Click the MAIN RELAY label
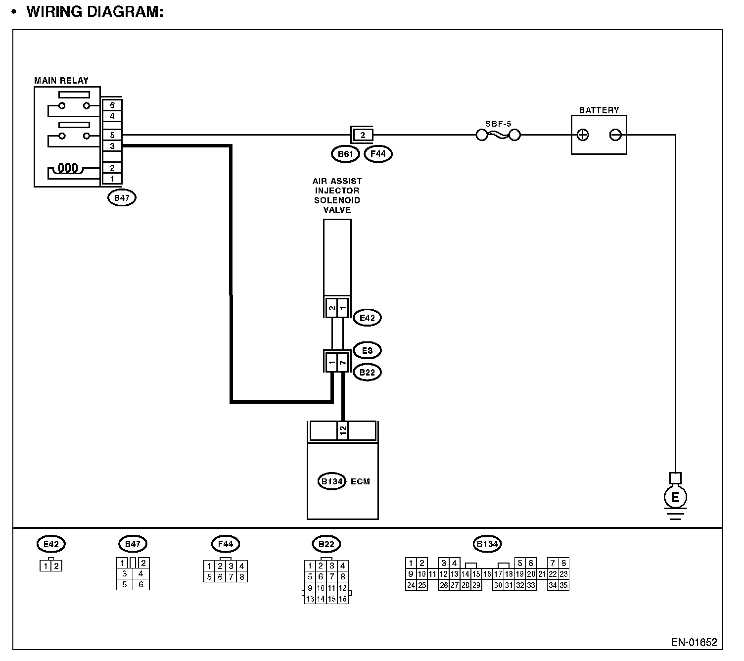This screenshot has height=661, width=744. (61, 81)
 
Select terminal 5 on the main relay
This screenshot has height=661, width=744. (112, 135)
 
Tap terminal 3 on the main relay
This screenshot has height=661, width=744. (112, 146)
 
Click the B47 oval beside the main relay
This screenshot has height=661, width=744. (122, 198)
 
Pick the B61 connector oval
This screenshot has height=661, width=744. (345, 154)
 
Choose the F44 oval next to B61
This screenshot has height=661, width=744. (378, 154)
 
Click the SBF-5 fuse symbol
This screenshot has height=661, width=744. (498, 135)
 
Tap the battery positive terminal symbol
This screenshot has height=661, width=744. (583, 135)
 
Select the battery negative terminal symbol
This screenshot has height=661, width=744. (615, 135)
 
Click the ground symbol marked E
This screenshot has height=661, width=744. (675, 497)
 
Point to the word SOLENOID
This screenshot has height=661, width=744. (337, 200)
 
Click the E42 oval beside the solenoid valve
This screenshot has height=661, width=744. (367, 318)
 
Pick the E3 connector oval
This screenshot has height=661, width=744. (367, 351)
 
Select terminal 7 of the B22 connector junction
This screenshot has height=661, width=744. (343, 363)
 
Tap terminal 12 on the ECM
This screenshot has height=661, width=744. (343, 430)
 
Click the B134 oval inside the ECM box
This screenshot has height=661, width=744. (332, 481)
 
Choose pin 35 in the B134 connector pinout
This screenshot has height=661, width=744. (563, 585)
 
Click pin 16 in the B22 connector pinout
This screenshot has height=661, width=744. (343, 599)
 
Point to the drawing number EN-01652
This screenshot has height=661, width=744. (694, 642)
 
